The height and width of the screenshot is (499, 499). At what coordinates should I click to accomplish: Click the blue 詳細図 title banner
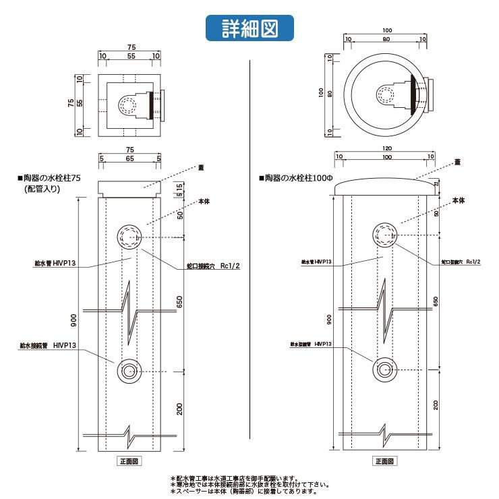click(x=249, y=28)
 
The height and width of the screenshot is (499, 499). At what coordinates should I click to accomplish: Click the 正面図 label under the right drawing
click(x=384, y=462)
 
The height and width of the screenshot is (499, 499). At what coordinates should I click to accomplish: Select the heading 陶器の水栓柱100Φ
click(x=297, y=179)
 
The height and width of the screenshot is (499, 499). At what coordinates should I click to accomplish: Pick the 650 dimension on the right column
click(x=436, y=301)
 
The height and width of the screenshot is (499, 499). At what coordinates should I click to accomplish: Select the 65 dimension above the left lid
click(x=129, y=158)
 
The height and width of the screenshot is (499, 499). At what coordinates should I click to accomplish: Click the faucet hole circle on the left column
click(x=128, y=237)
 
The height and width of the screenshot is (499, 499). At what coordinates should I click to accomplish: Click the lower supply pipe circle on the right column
click(x=384, y=369)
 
